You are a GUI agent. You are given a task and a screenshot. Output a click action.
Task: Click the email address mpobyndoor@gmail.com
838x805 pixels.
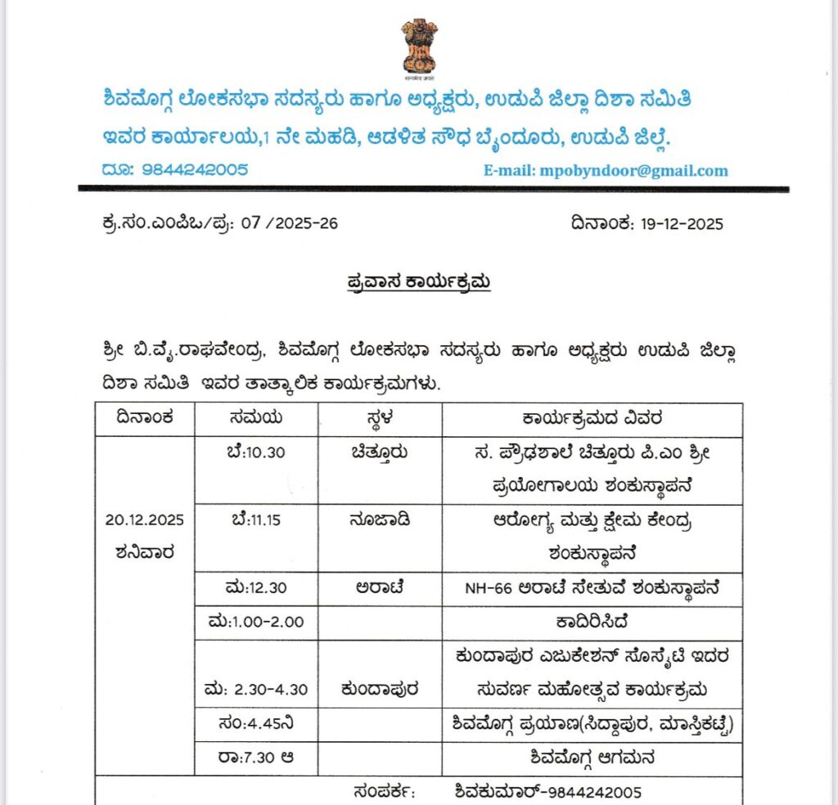[606, 171]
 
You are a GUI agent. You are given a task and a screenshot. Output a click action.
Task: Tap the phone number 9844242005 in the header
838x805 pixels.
[195, 170]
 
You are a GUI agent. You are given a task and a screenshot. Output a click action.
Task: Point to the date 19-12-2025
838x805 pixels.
[674, 223]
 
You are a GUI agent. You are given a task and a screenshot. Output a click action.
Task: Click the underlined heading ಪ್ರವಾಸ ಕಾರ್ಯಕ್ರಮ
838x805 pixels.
[417, 282]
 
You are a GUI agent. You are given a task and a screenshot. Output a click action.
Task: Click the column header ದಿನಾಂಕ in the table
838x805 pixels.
[145, 419]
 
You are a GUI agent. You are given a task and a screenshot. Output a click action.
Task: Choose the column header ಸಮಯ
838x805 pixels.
[255, 419]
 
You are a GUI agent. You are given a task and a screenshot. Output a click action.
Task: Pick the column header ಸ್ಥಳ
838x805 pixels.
[379, 419]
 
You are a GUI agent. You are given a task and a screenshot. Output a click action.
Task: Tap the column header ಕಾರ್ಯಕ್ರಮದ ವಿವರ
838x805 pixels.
[592, 419]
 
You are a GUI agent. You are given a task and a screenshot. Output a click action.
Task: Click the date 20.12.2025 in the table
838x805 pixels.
[145, 519]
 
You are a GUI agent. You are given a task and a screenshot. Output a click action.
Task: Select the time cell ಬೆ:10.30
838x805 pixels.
[255, 452]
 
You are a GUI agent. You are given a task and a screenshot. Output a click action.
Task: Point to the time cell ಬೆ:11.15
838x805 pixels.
[255, 520]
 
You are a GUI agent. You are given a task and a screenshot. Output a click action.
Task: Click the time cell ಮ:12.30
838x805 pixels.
[255, 589]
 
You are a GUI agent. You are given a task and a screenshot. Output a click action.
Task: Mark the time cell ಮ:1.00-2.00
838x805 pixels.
[257, 623]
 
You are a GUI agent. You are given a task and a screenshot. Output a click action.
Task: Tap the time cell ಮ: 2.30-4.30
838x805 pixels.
[257, 690]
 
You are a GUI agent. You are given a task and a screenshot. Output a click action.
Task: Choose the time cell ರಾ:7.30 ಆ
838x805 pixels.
[257, 758]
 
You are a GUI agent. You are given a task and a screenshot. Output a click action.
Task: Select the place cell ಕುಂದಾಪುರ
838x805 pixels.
[379, 690]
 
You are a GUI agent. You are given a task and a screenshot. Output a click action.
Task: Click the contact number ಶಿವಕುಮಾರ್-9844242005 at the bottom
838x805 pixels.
[548, 791]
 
